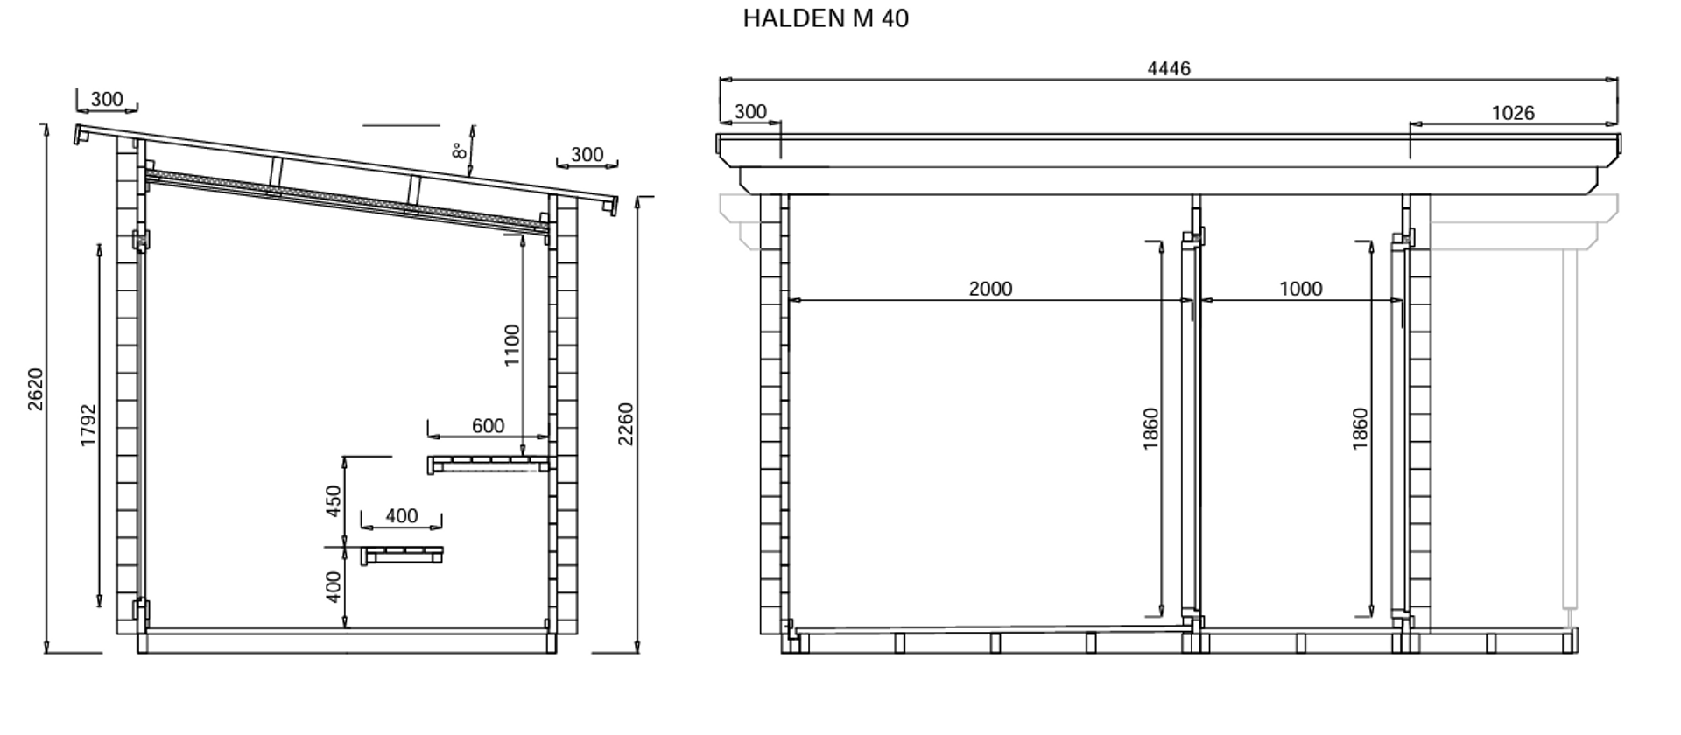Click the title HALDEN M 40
click(826, 18)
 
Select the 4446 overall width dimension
click(1169, 68)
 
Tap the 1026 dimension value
click(1513, 113)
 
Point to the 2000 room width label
click(990, 289)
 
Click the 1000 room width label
click(1300, 289)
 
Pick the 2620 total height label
click(35, 389)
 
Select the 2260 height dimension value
click(625, 423)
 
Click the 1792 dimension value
click(88, 425)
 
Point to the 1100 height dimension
click(512, 346)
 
